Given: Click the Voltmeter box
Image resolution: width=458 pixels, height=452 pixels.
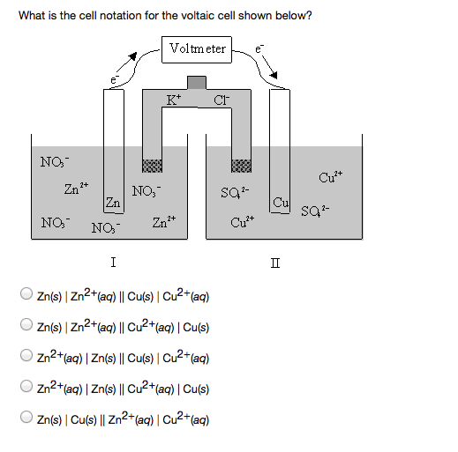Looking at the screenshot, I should [x=196, y=49].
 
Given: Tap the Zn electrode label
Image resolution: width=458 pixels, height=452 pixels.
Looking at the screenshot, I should [x=112, y=204].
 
